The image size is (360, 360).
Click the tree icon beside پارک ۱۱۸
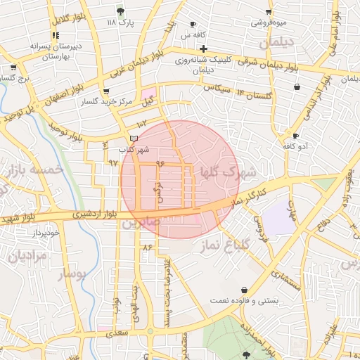tap(121, 11)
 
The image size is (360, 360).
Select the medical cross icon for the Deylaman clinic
tap(203, 49)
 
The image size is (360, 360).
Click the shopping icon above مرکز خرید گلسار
tap(106, 91)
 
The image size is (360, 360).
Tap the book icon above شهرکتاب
tap(134, 139)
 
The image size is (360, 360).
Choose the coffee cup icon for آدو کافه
tap(295, 136)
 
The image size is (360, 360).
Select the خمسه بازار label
tap(33, 169)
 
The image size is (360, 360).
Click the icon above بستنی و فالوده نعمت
tap(244, 290)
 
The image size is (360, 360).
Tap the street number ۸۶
tap(147, 247)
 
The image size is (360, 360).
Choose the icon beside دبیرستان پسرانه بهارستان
tap(55, 36)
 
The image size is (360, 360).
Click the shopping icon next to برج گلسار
tap(13, 67)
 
